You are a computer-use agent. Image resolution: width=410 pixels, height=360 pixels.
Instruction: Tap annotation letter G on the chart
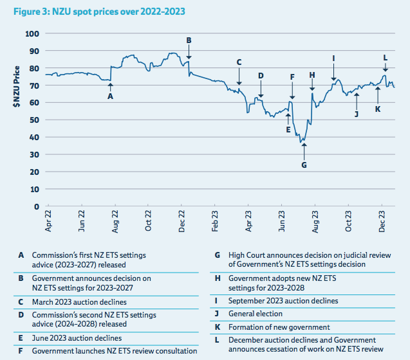304,165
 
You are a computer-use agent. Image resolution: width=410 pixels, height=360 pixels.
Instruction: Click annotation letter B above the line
189,40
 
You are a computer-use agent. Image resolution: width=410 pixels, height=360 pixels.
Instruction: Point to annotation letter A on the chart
111,96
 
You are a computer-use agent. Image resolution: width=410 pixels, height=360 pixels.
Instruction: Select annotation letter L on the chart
385,57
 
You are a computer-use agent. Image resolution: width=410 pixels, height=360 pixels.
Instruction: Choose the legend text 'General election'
255,314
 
